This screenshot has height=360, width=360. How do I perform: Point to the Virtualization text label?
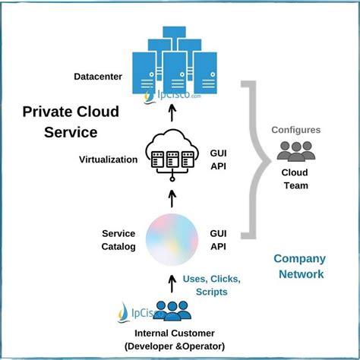tap(108, 159)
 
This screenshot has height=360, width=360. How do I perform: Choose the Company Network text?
tap(298, 267)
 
